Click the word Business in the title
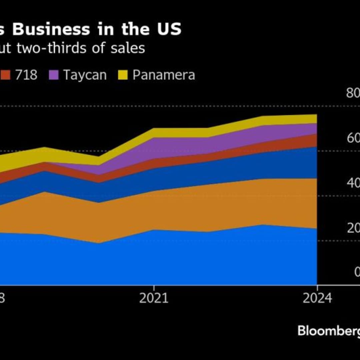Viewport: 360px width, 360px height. pyautogui.click(x=51, y=29)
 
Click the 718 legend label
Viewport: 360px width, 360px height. pyautogui.click(x=26, y=75)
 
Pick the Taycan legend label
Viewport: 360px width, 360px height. pyautogui.click(x=85, y=75)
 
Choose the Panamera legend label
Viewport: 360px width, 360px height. pyautogui.click(x=163, y=75)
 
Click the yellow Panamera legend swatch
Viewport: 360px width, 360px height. pyautogui.click(x=123, y=75)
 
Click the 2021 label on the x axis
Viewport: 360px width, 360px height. pyautogui.click(x=154, y=298)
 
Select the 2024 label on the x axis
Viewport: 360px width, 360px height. pyautogui.click(x=317, y=298)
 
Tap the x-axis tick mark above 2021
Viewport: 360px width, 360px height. pyautogui.click(x=154, y=287)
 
